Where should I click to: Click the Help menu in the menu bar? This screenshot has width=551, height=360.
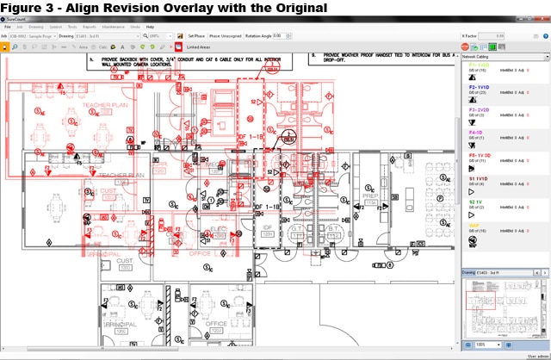pos(150,28)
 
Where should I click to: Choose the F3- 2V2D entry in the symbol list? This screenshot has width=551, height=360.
pos(478,109)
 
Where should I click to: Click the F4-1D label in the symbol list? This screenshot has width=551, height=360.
pos(474,132)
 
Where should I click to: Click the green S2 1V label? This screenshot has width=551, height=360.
pos(474,201)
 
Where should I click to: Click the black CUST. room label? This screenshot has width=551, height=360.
pos(124,284)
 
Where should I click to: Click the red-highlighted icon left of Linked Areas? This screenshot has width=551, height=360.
pos(178,47)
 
